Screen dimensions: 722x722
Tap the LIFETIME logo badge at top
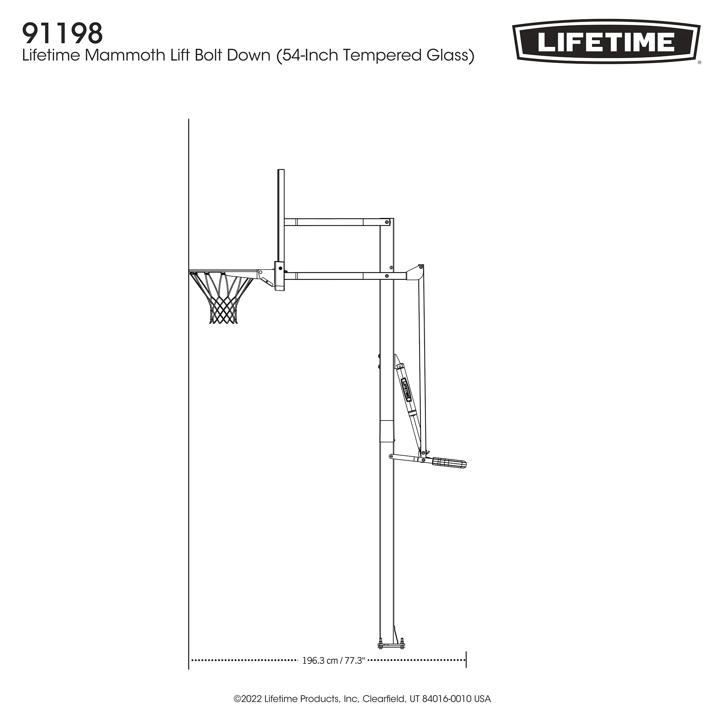pos(606,42)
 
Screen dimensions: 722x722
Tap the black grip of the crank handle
pos(449,464)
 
